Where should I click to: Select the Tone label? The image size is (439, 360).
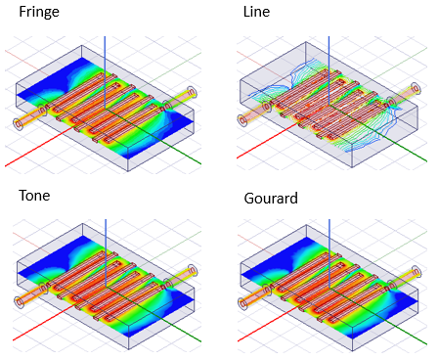point(34,196)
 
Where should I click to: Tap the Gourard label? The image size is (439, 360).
point(269,200)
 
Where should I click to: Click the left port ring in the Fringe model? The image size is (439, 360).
point(18,122)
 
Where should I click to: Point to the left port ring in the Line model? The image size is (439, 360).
point(241,121)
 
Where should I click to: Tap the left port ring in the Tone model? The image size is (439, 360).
point(18,301)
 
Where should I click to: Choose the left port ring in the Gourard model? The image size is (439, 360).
point(241,301)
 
